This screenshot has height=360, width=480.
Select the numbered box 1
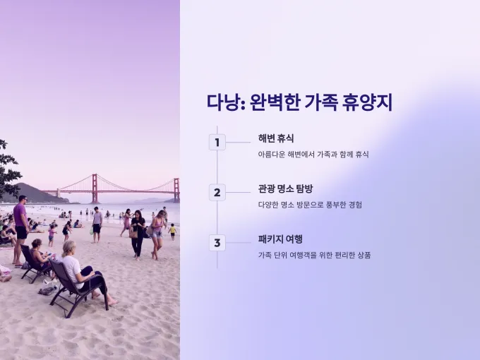pyautogui.click(x=217, y=143)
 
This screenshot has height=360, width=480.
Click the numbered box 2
pyautogui.click(x=217, y=193)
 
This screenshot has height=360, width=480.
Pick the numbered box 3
pyautogui.click(x=217, y=243)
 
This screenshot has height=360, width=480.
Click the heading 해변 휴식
pyautogui.click(x=276, y=138)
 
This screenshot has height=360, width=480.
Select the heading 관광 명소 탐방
pyautogui.click(x=285, y=188)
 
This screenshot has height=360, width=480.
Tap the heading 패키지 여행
pyautogui.click(x=280, y=239)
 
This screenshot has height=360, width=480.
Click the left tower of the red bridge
pyautogui.click(x=95, y=188)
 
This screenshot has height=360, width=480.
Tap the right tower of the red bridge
pyautogui.click(x=176, y=190)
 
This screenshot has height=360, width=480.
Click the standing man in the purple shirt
pyautogui.click(x=20, y=229)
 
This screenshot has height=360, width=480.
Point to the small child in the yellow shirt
pyautogui.click(x=173, y=232)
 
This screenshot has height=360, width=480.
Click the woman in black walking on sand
pyautogui.click(x=138, y=235)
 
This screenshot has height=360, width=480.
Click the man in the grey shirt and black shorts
pyautogui.click(x=97, y=224)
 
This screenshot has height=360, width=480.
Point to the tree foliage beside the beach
pyautogui.click(x=8, y=170)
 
